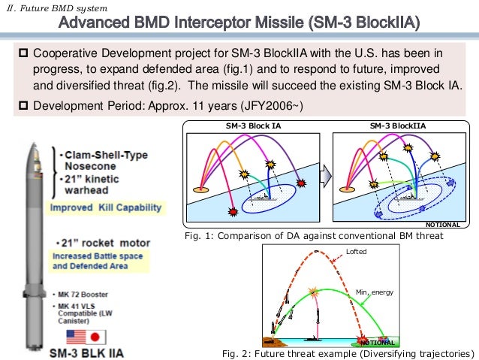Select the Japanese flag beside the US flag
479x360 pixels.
[x=99, y=337]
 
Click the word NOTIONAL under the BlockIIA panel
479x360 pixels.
[x=442, y=225]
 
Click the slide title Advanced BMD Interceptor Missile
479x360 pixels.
[x=239, y=24]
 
